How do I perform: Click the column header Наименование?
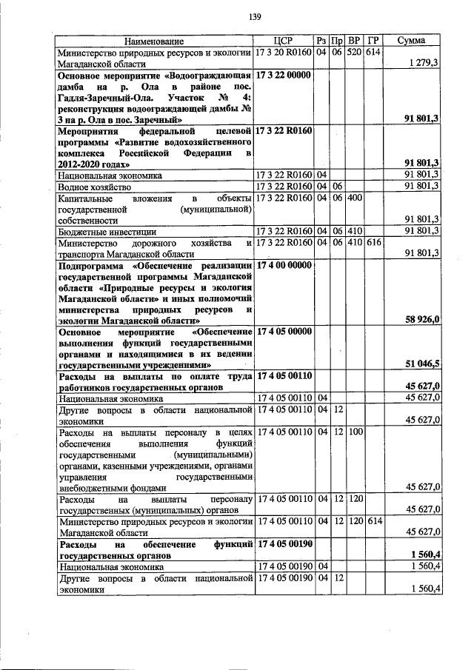tap(154, 41)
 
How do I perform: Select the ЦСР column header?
tap(284, 41)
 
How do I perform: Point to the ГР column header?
tap(373, 41)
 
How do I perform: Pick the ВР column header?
tap(355, 41)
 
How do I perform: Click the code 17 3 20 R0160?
tap(284, 53)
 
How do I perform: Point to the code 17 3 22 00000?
tap(284, 76)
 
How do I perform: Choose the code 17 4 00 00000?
tap(284, 264)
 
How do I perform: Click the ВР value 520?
tap(355, 53)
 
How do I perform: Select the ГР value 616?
tap(373, 242)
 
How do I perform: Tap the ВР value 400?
tap(355, 198)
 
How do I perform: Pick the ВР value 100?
tap(355, 431)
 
